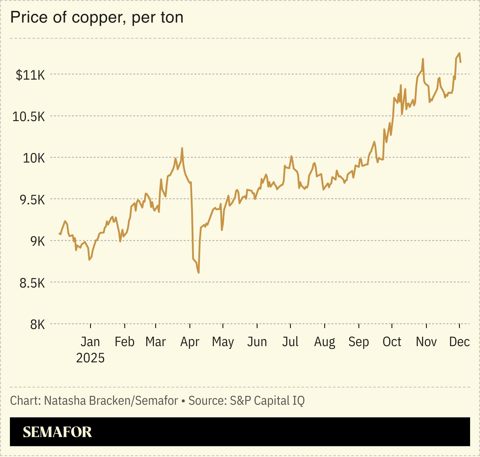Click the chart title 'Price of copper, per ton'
tap(97, 17)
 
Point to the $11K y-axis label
tap(30, 75)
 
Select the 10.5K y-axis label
tap(29, 117)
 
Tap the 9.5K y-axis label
tap(32, 200)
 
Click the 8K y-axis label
tap(37, 325)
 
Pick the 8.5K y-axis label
tap(32, 283)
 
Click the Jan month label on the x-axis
tap(90, 342)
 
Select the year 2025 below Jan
tap(90, 358)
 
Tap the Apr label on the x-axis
tap(190, 342)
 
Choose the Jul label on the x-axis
tap(290, 342)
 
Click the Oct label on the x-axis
tap(392, 342)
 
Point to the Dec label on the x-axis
tap(459, 342)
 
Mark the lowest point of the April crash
tap(199, 273)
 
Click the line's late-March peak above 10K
tap(182, 148)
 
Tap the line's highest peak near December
tap(459, 53)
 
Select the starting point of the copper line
tap(59, 233)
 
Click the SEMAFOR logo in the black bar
tap(57, 432)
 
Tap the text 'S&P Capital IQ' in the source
tap(267, 401)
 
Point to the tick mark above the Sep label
tap(359, 326)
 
